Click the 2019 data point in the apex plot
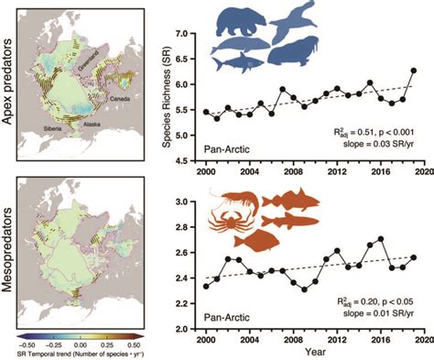[x=413, y=71]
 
